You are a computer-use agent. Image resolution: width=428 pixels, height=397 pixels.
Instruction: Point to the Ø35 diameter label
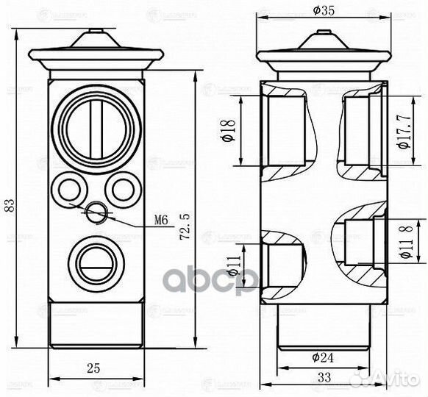click(x=324, y=10)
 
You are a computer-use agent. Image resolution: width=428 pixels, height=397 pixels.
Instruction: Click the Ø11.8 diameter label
click(x=402, y=243)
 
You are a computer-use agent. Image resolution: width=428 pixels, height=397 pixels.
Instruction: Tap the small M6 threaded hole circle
click(x=96, y=213)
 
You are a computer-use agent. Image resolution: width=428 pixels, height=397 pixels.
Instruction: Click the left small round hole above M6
click(x=68, y=187)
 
